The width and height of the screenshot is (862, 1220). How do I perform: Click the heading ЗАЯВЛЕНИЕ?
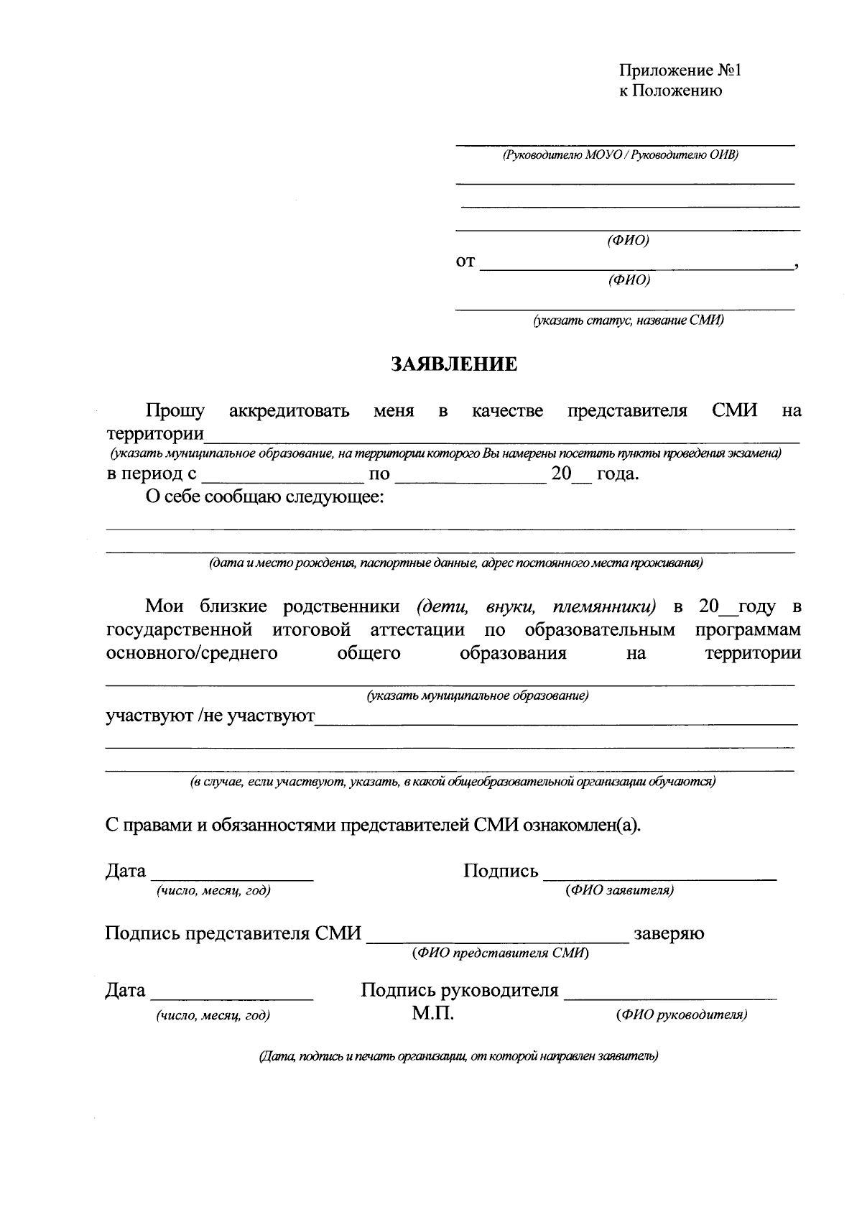tap(454, 364)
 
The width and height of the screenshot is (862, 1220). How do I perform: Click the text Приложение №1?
tap(679, 70)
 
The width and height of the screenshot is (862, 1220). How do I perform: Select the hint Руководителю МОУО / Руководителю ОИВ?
tap(621, 154)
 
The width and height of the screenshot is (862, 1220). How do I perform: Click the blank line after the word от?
tap(636, 263)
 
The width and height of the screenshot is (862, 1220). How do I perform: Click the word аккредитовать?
tap(289, 411)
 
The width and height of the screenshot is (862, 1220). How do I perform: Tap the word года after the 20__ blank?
tap(617, 474)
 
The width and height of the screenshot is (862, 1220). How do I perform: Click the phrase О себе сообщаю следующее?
tap(264, 497)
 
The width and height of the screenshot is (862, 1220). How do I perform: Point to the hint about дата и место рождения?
tap(455, 563)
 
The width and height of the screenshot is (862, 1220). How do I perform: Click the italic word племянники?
tap(605, 606)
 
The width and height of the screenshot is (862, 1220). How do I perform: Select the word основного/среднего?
tap(192, 653)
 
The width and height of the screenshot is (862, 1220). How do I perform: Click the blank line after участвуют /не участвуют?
tap(556, 718)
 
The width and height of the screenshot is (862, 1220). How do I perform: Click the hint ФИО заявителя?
tap(619, 890)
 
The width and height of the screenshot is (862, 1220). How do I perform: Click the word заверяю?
tap(669, 933)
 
